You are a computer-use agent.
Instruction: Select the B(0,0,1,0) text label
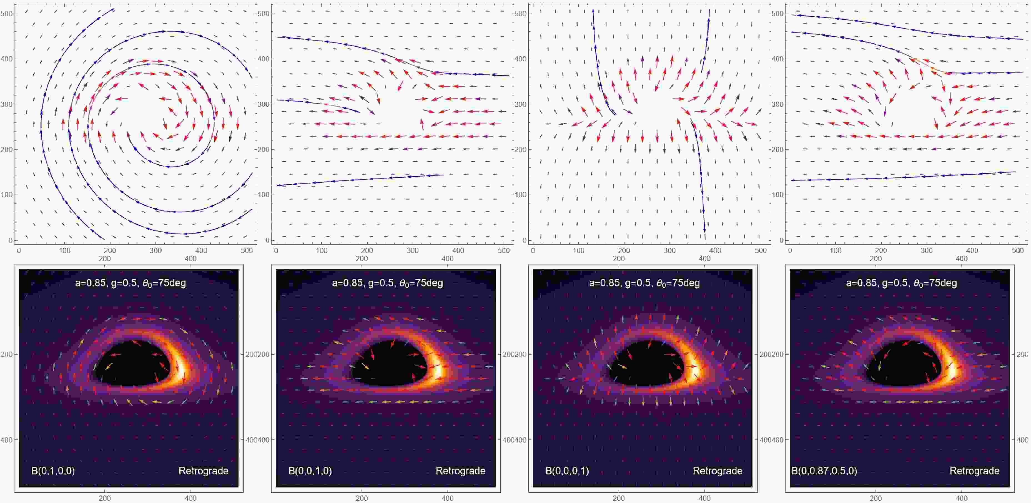pyautogui.click(x=310, y=471)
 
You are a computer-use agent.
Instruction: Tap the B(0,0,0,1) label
pyautogui.click(x=567, y=471)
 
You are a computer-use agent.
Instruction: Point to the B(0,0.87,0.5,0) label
pyautogui.click(x=824, y=471)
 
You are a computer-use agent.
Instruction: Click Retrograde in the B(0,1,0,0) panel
pyautogui.click(x=203, y=471)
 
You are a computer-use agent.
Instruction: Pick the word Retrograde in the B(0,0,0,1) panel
pyautogui.click(x=717, y=471)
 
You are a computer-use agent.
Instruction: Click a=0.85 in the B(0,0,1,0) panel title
pyautogui.click(x=347, y=283)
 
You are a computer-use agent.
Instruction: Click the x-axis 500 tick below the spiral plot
pyautogui.click(x=247, y=250)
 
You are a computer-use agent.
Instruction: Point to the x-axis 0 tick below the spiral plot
pyautogui.click(x=19, y=250)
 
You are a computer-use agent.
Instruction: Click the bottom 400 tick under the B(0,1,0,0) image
pyautogui.click(x=190, y=498)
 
